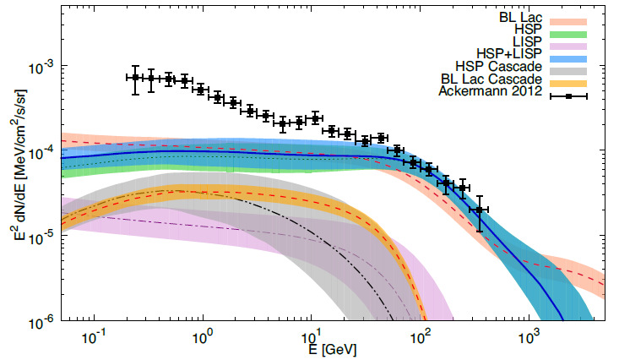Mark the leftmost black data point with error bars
(135, 78)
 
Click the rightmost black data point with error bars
(480, 210)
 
